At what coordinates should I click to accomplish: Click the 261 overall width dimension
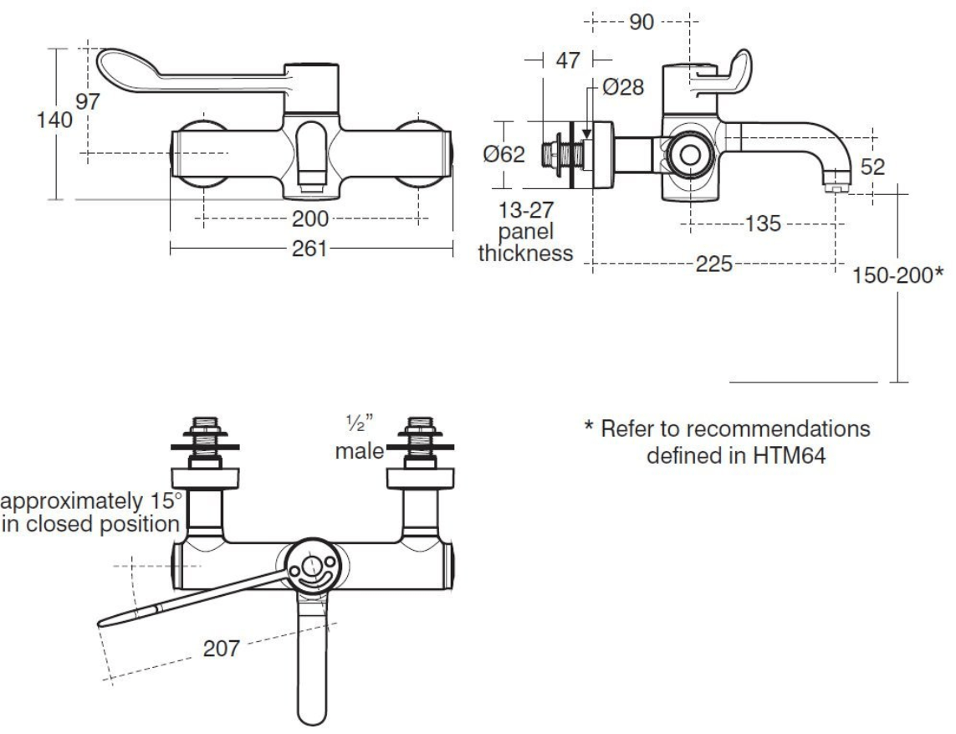point(310,249)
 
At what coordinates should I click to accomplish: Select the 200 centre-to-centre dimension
point(310,219)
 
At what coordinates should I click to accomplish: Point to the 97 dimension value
point(87,103)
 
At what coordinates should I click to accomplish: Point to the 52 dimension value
point(872,167)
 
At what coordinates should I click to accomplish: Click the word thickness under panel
point(525,253)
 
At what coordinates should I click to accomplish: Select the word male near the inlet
point(359,451)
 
